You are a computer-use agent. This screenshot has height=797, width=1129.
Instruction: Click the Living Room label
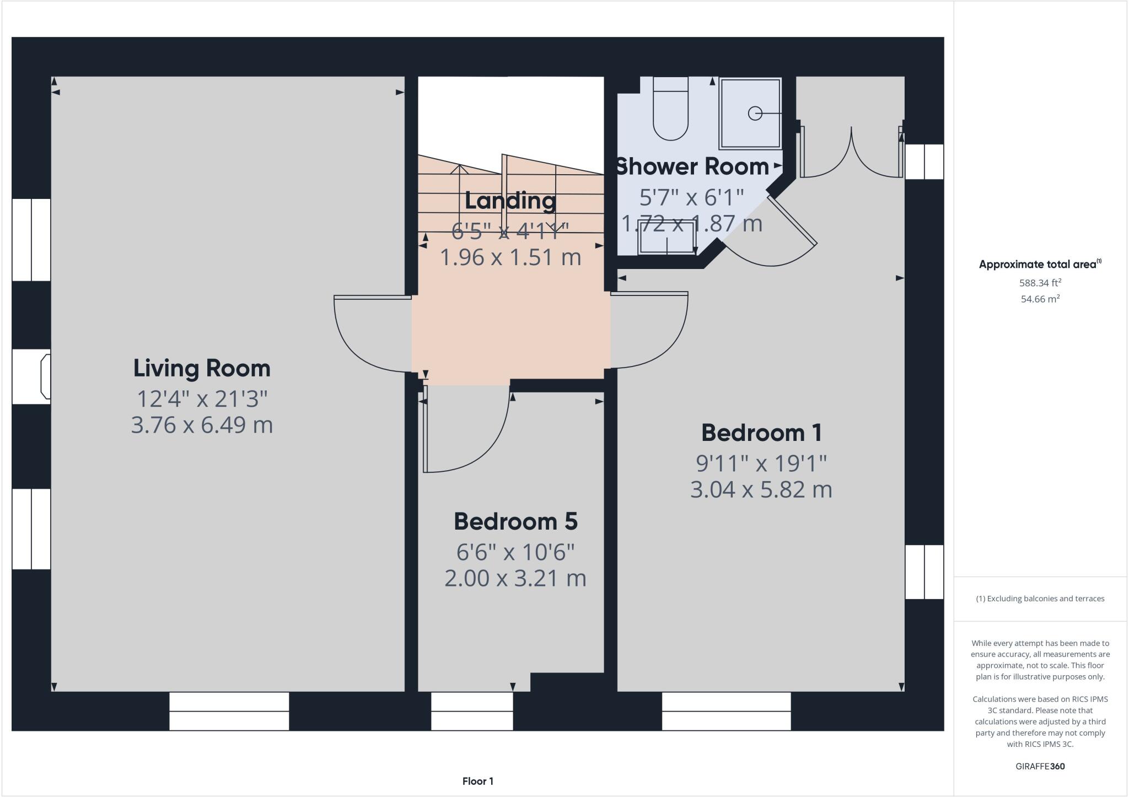(202, 368)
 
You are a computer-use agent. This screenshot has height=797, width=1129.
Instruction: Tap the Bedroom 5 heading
(515, 521)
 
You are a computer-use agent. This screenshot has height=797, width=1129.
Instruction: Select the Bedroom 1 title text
(761, 433)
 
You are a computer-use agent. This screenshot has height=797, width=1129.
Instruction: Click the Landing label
(510, 201)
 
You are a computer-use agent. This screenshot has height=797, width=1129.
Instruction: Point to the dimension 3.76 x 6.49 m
(202, 425)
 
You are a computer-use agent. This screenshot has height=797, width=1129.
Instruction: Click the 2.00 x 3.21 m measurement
(515, 578)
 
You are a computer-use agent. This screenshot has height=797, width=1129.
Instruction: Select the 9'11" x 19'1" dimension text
(761, 464)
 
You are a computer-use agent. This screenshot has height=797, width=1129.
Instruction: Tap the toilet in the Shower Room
(670, 110)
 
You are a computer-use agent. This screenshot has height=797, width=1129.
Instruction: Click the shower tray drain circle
(754, 113)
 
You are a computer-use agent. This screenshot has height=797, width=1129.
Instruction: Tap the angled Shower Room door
(792, 220)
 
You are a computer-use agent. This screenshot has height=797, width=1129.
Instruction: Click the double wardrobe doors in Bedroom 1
(851, 157)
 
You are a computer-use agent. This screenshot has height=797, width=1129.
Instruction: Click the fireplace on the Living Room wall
(45, 377)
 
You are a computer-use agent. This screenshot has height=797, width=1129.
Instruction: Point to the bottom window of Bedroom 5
(471, 712)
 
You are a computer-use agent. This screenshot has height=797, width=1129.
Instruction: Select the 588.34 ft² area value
(1040, 283)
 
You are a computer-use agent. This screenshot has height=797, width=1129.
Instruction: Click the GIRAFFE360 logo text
(1040, 766)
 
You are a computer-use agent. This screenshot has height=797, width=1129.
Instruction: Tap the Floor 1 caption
(477, 781)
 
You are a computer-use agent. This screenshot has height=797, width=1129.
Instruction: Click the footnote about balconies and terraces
(1040, 599)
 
